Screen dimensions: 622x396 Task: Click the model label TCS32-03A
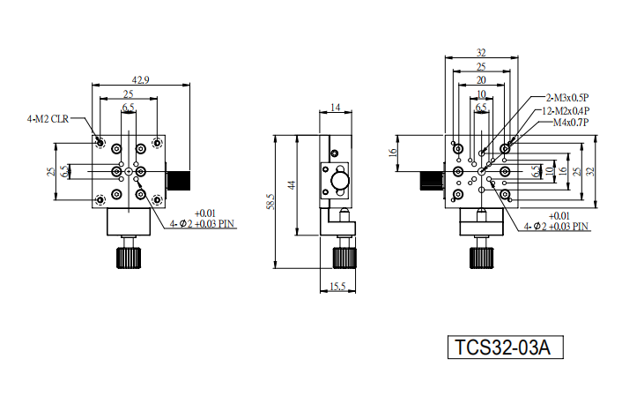pos(502,347)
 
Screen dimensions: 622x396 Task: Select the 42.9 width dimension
pos(140,80)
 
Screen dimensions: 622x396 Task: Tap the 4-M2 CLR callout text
pos(48,119)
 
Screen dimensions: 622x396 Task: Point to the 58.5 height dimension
pos(270,202)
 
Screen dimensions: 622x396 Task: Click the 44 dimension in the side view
pos(292,185)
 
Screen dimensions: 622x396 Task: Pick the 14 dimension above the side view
pos(335,108)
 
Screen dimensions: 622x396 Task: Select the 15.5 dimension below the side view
pos(337,286)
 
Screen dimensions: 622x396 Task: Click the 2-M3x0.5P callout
pos(567,97)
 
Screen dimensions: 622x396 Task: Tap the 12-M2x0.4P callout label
pos(566,110)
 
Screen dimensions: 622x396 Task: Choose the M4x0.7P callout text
pos(571,123)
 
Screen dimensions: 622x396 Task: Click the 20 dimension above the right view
pos(481,80)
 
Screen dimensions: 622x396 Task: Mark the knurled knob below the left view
pos(129,258)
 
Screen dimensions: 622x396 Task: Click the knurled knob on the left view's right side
pos(179,180)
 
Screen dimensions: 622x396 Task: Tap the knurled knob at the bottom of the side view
pos(344,258)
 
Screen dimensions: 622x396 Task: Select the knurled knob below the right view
pos(482,258)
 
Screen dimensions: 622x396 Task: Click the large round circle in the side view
pos(340,180)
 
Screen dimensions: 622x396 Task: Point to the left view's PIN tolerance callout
pos(203,220)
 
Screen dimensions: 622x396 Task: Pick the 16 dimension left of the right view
pos(393,153)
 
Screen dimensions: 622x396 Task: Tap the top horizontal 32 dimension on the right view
pos(481,52)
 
